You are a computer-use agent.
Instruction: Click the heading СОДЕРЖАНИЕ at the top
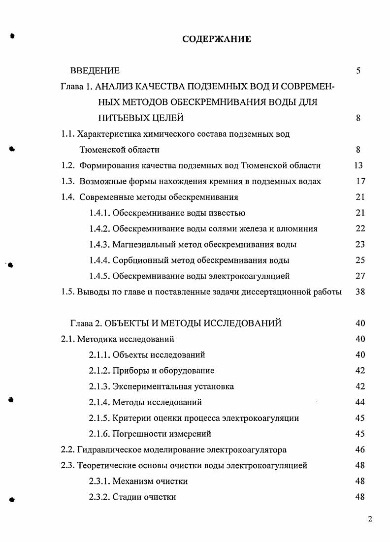pyautogui.click(x=217, y=39)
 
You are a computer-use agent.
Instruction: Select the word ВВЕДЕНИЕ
pyautogui.click(x=95, y=71)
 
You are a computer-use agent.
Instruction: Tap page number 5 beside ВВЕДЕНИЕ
pyautogui.click(x=358, y=71)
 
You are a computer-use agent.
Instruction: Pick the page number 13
pyautogui.click(x=358, y=165)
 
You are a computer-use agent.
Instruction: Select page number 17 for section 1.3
pyautogui.click(x=360, y=181)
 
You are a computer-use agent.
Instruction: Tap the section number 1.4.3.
pyautogui.click(x=99, y=244)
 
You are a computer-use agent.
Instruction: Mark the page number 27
pyautogui.click(x=360, y=276)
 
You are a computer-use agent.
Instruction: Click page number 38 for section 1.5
pyautogui.click(x=360, y=291)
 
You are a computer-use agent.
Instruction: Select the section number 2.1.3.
pyautogui.click(x=99, y=386)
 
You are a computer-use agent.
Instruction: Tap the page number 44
pyautogui.click(x=360, y=402)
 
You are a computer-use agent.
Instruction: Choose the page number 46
pyautogui.click(x=360, y=449)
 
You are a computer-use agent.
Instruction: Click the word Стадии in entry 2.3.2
pyautogui.click(x=127, y=497)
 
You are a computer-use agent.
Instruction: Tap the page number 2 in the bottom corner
pyautogui.click(x=370, y=518)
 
